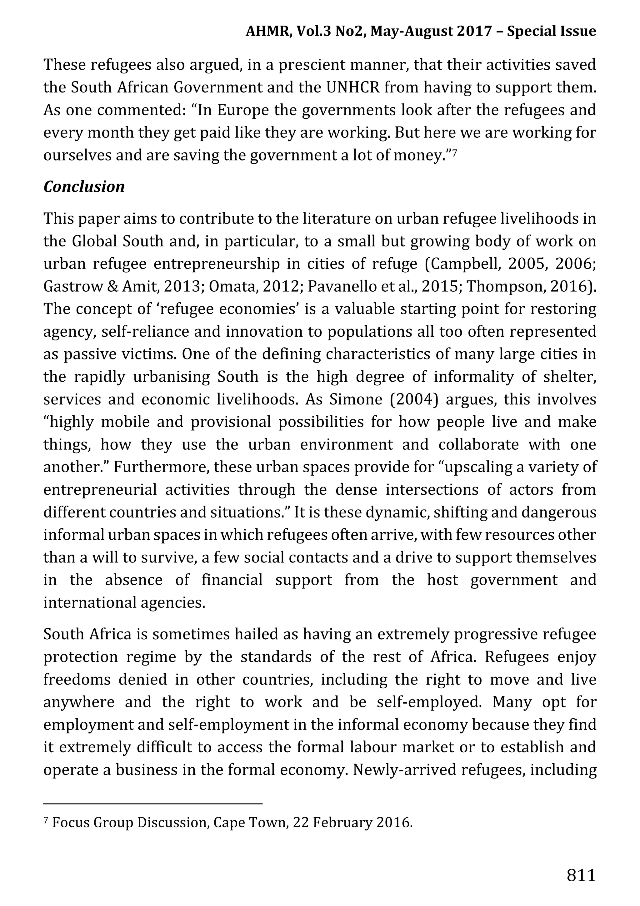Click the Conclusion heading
coord(84,187)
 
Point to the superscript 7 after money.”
coord(454,152)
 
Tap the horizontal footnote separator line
coord(152,803)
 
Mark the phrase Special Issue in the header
coord(551,31)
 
